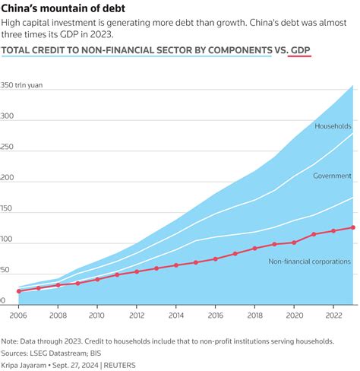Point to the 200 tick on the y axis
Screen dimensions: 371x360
pos(8,179)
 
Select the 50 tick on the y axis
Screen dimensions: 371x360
pos(6,270)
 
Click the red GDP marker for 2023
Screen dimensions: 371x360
pos(352,227)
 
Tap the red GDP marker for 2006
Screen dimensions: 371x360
pos(19,291)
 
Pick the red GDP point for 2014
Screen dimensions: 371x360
pos(176,265)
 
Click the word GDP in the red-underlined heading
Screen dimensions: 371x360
pos(303,52)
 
